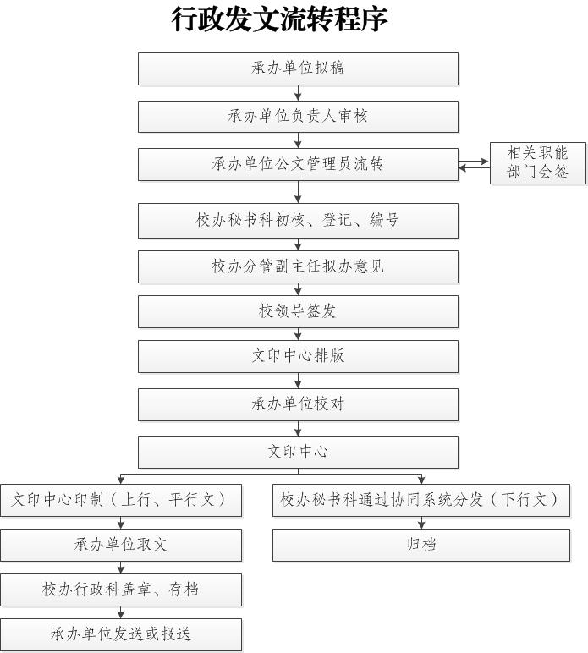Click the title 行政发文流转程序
pyautogui.click(x=280, y=19)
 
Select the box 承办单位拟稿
pyautogui.click(x=298, y=69)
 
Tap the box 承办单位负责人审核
pyautogui.click(x=298, y=117)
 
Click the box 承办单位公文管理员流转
pyautogui.click(x=298, y=164)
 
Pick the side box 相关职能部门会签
pyautogui.click(x=537, y=163)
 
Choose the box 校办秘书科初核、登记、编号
pyautogui.click(x=298, y=220)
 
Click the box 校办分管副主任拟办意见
pyautogui.click(x=298, y=266)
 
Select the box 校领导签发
pyautogui.click(x=298, y=311)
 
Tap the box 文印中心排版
pyautogui.click(x=298, y=356)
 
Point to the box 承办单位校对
pyautogui.click(x=298, y=404)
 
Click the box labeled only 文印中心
pyautogui.click(x=298, y=452)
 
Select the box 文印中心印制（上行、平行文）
pyautogui.click(x=120, y=500)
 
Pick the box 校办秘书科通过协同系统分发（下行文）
pyautogui.click(x=420, y=500)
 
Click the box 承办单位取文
pyautogui.click(x=120, y=545)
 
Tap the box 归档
pyautogui.click(x=420, y=545)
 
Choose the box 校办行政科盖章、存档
pyautogui.click(x=120, y=590)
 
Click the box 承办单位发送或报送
pyautogui.click(x=120, y=634)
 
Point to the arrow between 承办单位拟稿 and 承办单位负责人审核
pyautogui.click(x=298, y=93)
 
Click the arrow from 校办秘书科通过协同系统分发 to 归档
pyautogui.click(x=421, y=523)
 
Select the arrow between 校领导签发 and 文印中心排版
pyautogui.click(x=298, y=334)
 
